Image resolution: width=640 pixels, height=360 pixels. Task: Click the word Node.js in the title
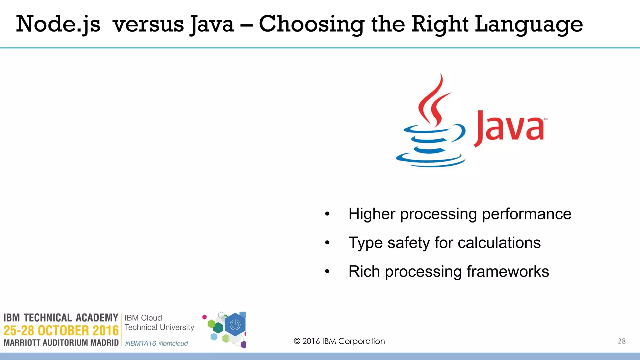click(58, 24)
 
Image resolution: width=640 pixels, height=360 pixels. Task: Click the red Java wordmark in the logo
click(509, 128)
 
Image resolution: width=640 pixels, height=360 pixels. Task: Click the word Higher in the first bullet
click(372, 214)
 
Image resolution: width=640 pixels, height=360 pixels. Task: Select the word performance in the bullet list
click(527, 214)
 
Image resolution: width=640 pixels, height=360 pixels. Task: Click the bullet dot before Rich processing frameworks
click(327, 272)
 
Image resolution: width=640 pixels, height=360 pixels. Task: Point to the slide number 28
click(622, 341)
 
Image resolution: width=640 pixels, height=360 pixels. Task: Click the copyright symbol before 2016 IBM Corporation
click(297, 341)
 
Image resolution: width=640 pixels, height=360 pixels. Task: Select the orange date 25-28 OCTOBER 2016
click(61, 331)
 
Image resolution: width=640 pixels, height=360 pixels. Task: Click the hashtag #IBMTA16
click(140, 343)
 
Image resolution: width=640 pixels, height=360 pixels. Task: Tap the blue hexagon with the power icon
click(235, 325)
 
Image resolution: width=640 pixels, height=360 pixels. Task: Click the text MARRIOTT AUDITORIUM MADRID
click(61, 343)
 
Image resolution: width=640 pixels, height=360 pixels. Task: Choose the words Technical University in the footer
click(159, 327)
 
